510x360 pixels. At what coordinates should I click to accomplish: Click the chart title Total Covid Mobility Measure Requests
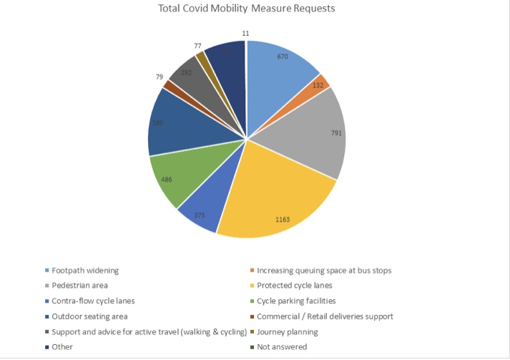pyautogui.click(x=247, y=9)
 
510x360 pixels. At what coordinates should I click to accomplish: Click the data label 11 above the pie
pyautogui.click(x=245, y=33)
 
